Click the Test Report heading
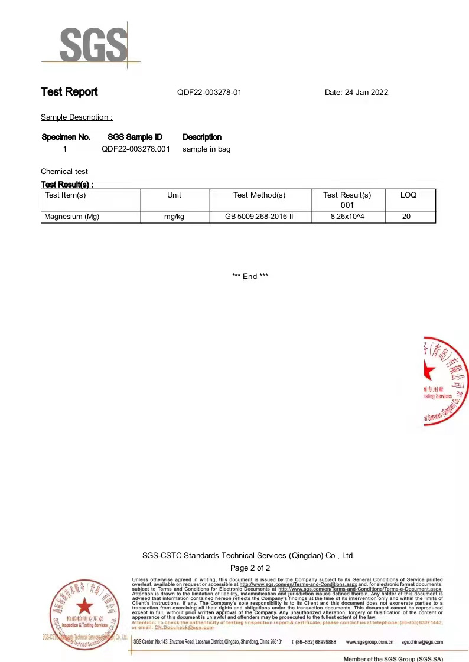point(69,92)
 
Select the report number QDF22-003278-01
point(209,93)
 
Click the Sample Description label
point(76,117)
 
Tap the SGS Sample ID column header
point(135,137)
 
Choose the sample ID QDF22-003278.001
point(135,149)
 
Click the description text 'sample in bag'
point(206,149)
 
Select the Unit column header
point(174,195)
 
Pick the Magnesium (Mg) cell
point(72,217)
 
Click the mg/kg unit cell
point(174,217)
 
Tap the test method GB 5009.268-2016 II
point(259,217)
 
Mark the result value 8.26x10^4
point(347,217)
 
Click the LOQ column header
point(408,195)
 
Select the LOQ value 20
point(406,217)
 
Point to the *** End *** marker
point(250,276)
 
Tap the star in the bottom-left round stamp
point(84,606)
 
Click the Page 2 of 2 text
point(250,568)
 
